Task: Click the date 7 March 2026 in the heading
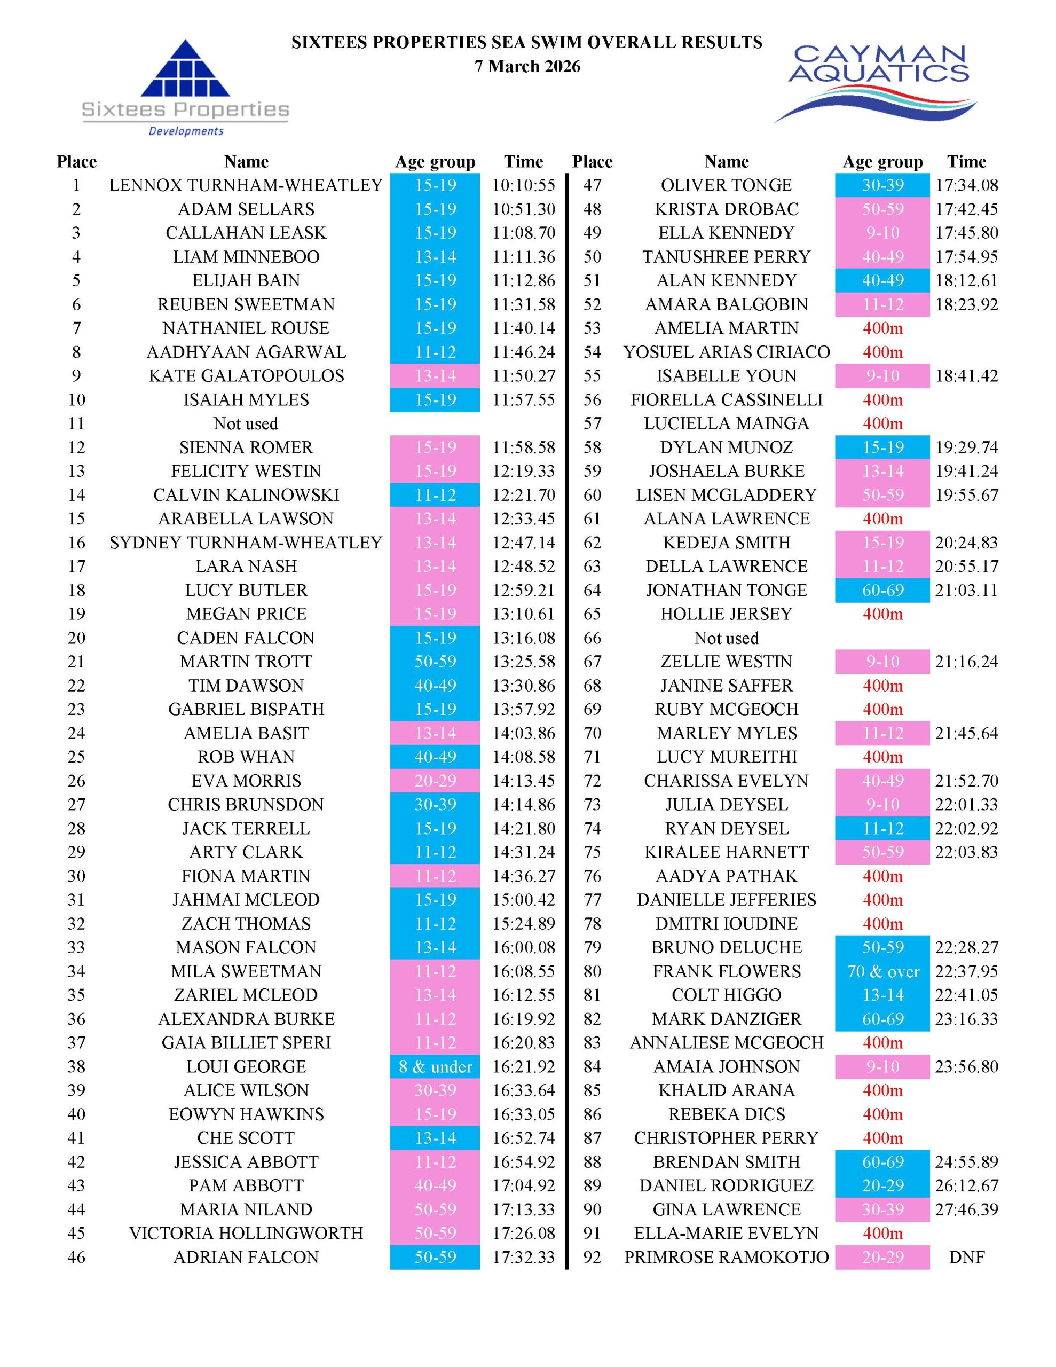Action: coord(527,66)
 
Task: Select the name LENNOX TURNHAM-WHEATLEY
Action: coord(246,185)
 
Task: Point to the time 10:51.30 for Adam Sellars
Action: coord(523,209)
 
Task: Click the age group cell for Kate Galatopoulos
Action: coord(435,375)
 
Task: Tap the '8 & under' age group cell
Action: coord(435,1066)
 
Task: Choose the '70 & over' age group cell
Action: coord(882,971)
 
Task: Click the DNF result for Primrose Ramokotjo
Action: coord(966,1258)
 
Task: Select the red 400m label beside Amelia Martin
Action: coord(882,328)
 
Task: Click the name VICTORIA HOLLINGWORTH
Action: coord(246,1233)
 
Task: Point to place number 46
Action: coord(76,1258)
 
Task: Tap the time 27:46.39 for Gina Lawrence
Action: coord(966,1209)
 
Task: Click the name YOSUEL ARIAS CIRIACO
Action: coord(726,352)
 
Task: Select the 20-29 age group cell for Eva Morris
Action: coord(435,781)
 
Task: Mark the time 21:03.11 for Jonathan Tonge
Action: coord(966,590)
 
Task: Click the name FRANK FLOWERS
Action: coord(726,971)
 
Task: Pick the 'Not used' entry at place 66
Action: coord(726,638)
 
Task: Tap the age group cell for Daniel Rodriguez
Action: coord(882,1185)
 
